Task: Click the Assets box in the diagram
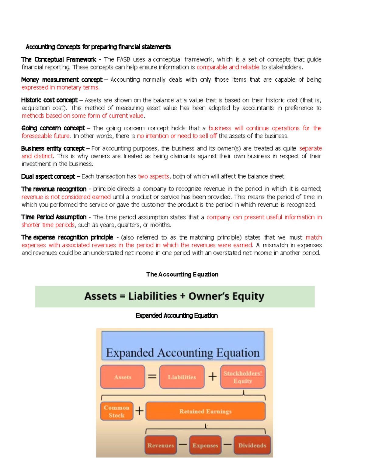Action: pyautogui.click(x=123, y=377)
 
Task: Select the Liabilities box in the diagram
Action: pyautogui.click(x=182, y=377)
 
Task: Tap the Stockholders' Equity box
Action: pyautogui.click(x=243, y=377)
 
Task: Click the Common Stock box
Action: pyautogui.click(x=117, y=411)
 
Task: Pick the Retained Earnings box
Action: pyautogui.click(x=206, y=411)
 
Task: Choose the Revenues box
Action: pyautogui.click(x=161, y=445)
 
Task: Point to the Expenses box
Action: pyautogui.click(x=205, y=445)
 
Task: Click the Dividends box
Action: pyautogui.click(x=252, y=445)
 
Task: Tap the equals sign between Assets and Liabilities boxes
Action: pyautogui.click(x=152, y=377)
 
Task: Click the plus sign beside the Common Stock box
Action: pyautogui.click(x=139, y=411)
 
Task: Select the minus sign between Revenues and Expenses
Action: pyautogui.click(x=183, y=445)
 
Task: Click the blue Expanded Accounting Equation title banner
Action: pyautogui.click(x=183, y=346)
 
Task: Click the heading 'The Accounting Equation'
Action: pyautogui.click(x=182, y=274)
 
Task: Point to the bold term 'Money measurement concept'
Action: pyautogui.click(x=62, y=80)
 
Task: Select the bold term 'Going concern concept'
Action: pyautogui.click(x=53, y=128)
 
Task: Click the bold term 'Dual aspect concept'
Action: pyautogui.click(x=48, y=177)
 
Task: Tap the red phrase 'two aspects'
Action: pyautogui.click(x=153, y=176)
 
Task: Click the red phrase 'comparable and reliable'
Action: pyautogui.click(x=228, y=67)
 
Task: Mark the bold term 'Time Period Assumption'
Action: pyautogui.click(x=54, y=217)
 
